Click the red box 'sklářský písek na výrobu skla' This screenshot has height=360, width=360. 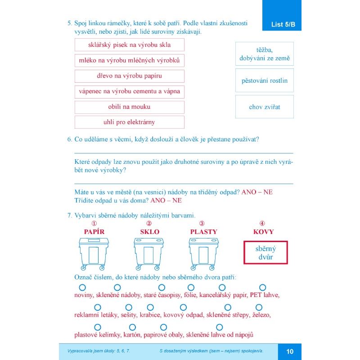pyautogui.click(x=130, y=45)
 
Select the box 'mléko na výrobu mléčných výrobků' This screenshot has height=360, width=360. pyautogui.click(x=130, y=60)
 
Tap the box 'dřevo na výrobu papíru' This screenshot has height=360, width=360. pyautogui.click(x=130, y=76)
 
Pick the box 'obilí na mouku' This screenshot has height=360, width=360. pyautogui.click(x=130, y=107)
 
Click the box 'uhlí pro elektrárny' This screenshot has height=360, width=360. pyautogui.click(x=130, y=122)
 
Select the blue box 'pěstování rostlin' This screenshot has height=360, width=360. pyautogui.click(x=265, y=81)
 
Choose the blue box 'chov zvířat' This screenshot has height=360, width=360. pyautogui.click(x=265, y=107)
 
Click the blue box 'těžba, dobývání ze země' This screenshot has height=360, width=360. pyautogui.click(x=265, y=54)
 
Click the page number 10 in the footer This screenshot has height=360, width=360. pyautogui.click(x=289, y=351)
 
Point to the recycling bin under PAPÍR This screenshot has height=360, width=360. pyautogui.click(x=94, y=254)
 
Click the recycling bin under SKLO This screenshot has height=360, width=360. pyautogui.click(x=149, y=254)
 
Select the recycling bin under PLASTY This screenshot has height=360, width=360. pyautogui.click(x=203, y=254)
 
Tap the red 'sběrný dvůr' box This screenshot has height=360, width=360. pyautogui.click(x=265, y=252)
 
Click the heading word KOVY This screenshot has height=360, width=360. pyautogui.click(x=263, y=232)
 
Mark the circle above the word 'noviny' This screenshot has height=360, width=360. pyautogui.click(x=82, y=287)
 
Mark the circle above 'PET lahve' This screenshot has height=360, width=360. pyautogui.click(x=263, y=287)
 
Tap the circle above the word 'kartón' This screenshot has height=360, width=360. pyautogui.click(x=132, y=327)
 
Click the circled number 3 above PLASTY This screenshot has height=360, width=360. pyautogui.click(x=202, y=223)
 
